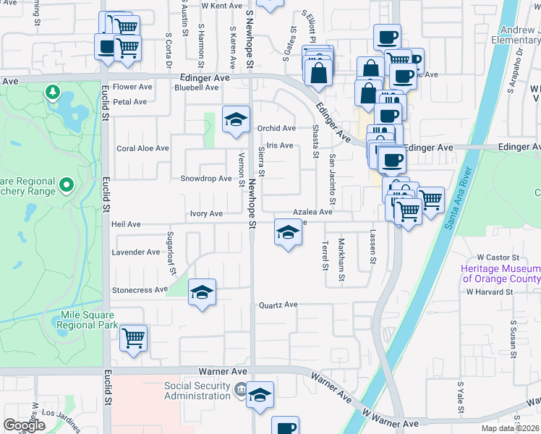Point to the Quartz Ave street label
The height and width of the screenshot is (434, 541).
(x=278, y=305)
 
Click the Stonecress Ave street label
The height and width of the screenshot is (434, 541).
(x=140, y=290)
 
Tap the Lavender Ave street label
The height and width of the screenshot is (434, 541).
(x=135, y=252)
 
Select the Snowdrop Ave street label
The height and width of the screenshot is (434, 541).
(x=205, y=179)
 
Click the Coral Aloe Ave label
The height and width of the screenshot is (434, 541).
(x=142, y=148)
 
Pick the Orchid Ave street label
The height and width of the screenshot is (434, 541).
(x=276, y=128)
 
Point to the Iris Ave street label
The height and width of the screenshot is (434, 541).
(x=279, y=145)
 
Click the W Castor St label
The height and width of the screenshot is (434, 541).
(x=498, y=258)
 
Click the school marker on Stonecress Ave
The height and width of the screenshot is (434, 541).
(x=203, y=293)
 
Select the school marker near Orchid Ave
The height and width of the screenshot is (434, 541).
(x=236, y=121)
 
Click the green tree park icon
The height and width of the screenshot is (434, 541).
(x=51, y=92)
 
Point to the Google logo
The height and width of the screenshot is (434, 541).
(x=24, y=425)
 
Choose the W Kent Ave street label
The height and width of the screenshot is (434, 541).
(x=221, y=6)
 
